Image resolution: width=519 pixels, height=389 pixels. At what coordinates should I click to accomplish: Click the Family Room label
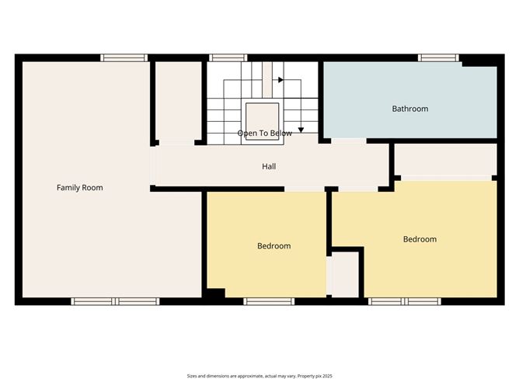click(79, 187)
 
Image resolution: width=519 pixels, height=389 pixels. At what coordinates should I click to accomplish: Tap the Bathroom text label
click(409, 109)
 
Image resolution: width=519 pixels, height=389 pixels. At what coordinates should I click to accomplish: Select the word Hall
click(269, 166)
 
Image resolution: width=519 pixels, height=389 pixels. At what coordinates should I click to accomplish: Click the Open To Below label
click(265, 134)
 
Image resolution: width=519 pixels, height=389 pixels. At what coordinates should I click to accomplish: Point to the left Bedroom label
click(273, 246)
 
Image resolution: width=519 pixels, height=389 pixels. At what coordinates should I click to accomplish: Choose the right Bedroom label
click(420, 239)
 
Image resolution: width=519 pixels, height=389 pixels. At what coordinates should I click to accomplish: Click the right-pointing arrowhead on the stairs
click(280, 79)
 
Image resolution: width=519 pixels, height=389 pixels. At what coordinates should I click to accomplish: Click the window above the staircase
click(228, 57)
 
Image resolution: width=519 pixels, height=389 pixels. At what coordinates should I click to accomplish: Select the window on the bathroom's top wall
click(438, 57)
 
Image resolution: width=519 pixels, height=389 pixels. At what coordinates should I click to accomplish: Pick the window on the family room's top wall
click(124, 57)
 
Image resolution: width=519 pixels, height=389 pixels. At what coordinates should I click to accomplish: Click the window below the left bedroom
click(267, 300)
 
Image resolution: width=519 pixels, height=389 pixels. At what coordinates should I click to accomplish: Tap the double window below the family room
click(116, 300)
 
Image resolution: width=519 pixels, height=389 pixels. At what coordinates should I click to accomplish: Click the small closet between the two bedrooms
click(343, 274)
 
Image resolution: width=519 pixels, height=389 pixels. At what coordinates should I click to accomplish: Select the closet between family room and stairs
click(178, 101)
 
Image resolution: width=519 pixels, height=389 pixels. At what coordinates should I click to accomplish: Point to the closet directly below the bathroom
click(445, 159)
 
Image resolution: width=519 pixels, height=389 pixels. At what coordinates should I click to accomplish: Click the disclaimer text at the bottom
click(259, 375)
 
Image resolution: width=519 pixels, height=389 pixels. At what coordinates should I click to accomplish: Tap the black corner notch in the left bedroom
click(215, 293)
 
